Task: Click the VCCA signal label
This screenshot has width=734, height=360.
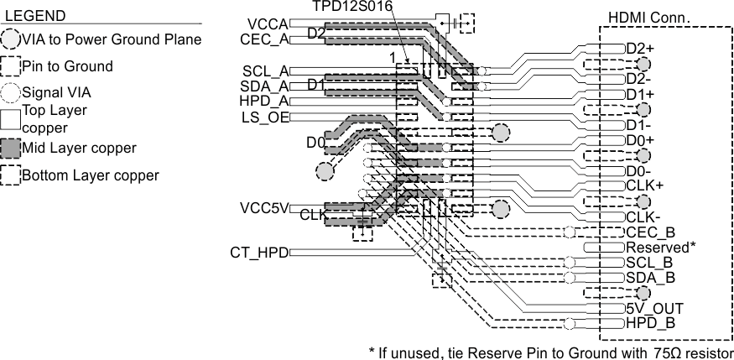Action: tap(268, 23)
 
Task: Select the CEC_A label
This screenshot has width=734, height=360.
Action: tap(264, 39)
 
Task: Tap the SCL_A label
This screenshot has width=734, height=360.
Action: tap(266, 71)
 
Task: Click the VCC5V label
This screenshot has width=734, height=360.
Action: tap(264, 207)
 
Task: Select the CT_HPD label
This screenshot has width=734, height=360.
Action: tap(259, 252)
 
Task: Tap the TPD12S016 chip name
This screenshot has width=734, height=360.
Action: tap(350, 7)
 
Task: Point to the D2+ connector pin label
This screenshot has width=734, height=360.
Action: tap(640, 49)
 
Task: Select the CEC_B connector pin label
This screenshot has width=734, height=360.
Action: tap(650, 232)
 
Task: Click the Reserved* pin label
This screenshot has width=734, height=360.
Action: tap(661, 248)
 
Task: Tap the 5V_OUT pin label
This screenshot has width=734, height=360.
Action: tap(654, 308)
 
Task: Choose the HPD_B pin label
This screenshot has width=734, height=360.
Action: tap(650, 323)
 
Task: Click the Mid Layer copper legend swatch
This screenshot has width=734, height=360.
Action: tap(11, 149)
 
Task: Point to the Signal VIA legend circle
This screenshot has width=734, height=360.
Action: tap(11, 92)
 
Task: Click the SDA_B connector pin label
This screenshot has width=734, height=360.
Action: tap(650, 278)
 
